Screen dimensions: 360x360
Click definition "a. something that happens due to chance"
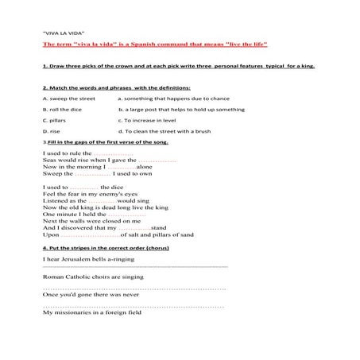pos(164,98)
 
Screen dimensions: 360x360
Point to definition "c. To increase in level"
pos(147,120)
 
